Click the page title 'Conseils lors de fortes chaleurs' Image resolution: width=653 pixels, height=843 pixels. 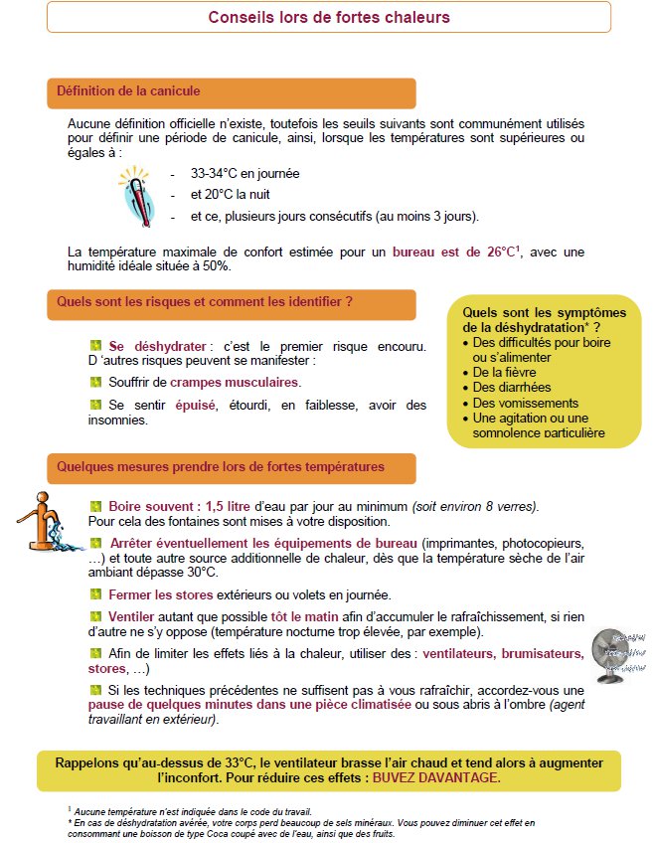click(x=329, y=17)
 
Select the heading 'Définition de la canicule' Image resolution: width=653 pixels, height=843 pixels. click(x=128, y=90)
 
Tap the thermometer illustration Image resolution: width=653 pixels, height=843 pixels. click(x=137, y=196)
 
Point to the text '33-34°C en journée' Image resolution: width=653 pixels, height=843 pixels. click(x=245, y=174)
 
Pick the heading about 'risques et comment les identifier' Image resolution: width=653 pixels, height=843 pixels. click(x=205, y=301)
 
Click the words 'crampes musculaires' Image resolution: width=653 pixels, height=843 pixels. click(x=234, y=383)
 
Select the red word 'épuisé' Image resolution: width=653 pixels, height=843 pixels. click(x=195, y=406)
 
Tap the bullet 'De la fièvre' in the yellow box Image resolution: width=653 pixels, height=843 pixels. click(x=504, y=372)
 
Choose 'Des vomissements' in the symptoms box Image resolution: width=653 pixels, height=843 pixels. click(x=526, y=404)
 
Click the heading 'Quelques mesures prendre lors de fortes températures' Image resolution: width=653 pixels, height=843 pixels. click(x=221, y=466)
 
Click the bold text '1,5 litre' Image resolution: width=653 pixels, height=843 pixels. click(x=228, y=506)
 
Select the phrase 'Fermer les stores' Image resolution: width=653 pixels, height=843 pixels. click(x=161, y=595)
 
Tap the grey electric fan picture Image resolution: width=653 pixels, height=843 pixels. click(x=618, y=655)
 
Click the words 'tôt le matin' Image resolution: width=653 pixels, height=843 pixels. click(x=305, y=617)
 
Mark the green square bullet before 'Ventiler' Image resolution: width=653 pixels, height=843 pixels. click(x=95, y=616)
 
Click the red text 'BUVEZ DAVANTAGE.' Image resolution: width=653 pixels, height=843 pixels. click(x=436, y=778)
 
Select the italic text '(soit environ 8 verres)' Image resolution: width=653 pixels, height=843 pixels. click(x=475, y=506)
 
